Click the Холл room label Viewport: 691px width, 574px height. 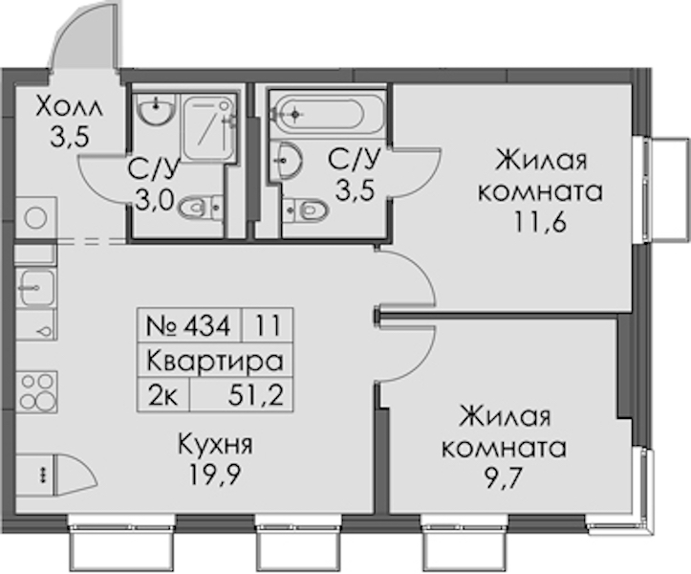coord(69,106)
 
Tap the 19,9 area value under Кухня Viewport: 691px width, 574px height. coord(215,475)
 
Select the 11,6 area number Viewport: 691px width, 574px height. coord(540,223)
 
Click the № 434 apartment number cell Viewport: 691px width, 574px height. coord(189,326)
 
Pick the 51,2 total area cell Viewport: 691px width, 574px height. coord(241,395)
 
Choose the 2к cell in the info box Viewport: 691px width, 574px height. coord(163,395)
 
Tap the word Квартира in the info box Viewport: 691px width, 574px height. coord(215,361)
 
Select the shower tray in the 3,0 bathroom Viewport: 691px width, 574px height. coord(208,128)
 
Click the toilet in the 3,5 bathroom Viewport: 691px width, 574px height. coord(306,209)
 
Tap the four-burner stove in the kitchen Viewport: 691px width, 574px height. coord(37,391)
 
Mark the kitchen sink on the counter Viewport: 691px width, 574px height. coord(37,288)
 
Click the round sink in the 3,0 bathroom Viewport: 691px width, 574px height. coord(155,109)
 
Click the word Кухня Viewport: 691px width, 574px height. coord(215,445)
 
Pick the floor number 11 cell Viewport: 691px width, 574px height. coord(268,326)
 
